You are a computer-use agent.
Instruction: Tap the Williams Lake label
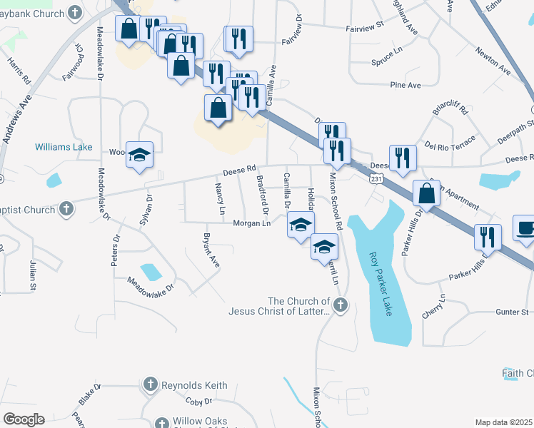pyautogui.click(x=64, y=147)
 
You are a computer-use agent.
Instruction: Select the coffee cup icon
pyautogui.click(x=527, y=230)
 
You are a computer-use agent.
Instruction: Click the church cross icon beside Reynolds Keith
pyautogui.click(x=150, y=384)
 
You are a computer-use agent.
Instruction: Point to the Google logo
pyautogui.click(x=24, y=419)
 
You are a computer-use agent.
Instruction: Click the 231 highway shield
pyautogui.click(x=376, y=180)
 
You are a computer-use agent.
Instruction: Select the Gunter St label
pyautogui.click(x=513, y=312)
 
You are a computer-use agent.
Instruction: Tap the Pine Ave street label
pyautogui.click(x=405, y=85)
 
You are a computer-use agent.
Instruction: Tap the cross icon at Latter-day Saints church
pyautogui.click(x=341, y=306)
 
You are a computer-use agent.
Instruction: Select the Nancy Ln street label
pyautogui.click(x=221, y=198)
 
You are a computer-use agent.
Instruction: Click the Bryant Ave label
pyautogui.click(x=211, y=250)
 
